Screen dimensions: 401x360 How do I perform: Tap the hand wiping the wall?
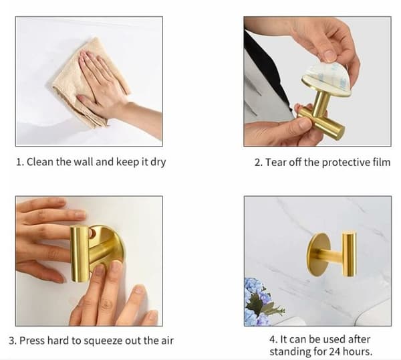108,84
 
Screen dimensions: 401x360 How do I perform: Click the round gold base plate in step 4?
316,254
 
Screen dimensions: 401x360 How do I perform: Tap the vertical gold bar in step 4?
349,254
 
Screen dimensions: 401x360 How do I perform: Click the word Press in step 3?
32,341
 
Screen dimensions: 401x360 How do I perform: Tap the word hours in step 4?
358,351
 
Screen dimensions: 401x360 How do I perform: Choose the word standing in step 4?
291,352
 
